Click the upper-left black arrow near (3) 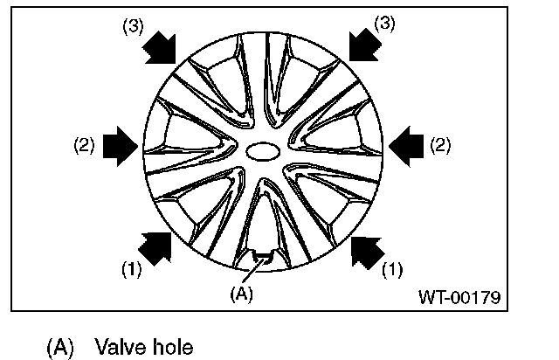click(160, 46)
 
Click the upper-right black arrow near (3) click(364, 45)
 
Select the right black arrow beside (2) click(405, 144)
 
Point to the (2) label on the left click(85, 146)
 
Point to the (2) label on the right click(440, 145)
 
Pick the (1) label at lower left click(131, 269)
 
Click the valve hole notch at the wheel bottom click(262, 256)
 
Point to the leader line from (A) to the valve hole click(251, 272)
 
